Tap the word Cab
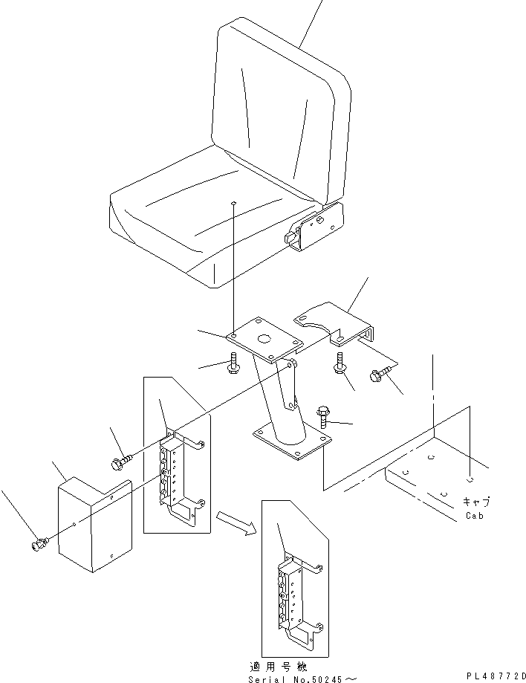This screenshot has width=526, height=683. coord(474,516)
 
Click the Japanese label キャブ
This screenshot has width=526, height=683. coord(475,502)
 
